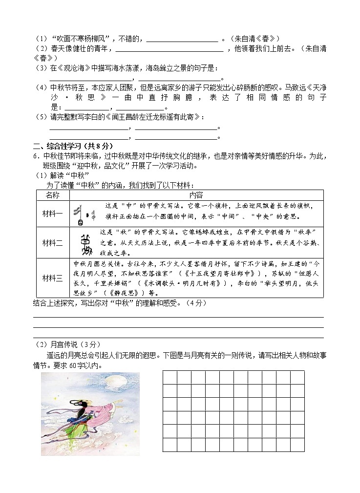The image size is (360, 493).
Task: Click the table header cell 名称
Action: pos(52,195)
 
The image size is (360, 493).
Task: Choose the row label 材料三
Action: pos(52,278)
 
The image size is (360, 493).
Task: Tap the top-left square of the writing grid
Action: pos(169,378)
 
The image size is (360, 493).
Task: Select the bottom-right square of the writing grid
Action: pos(297,445)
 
